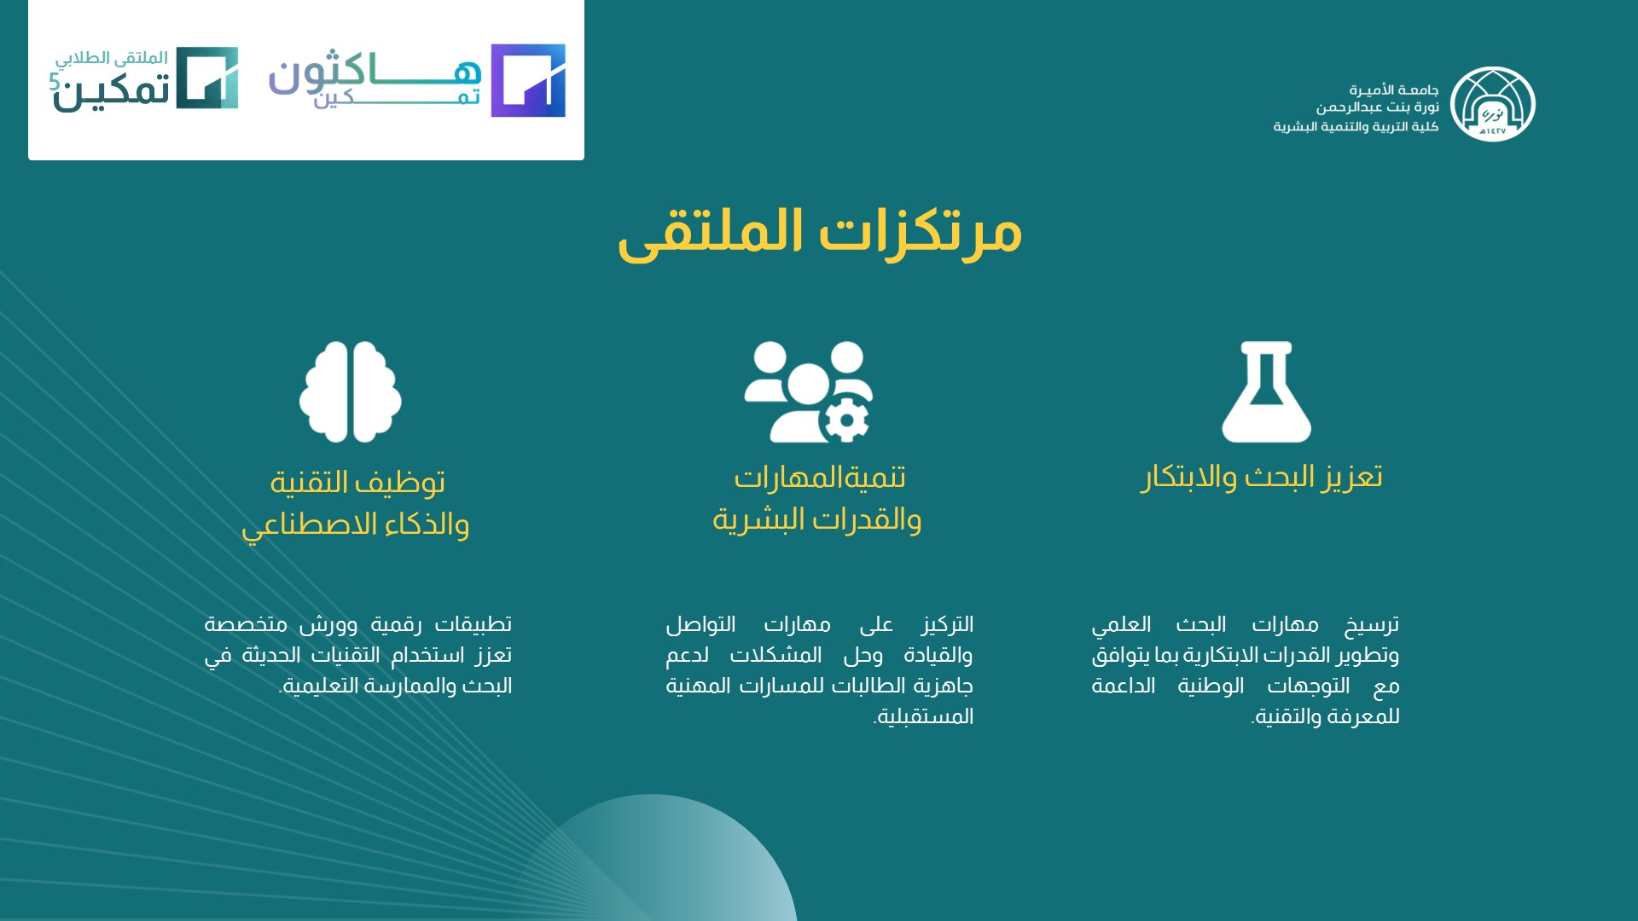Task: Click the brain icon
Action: [x=350, y=392]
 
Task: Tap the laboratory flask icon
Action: [x=1266, y=392]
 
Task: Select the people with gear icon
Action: [x=809, y=392]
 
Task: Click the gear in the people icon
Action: [x=846, y=420]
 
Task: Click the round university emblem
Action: [x=1492, y=104]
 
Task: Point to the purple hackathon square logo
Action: [x=528, y=80]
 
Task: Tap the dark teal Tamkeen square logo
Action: [x=207, y=78]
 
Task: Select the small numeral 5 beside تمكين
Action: [x=55, y=81]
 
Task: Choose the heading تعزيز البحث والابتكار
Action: [x=1262, y=477]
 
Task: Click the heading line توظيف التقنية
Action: [x=357, y=482]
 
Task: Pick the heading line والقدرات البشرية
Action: [x=816, y=518]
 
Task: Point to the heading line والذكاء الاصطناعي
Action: [x=355, y=524]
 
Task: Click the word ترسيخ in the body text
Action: [x=1372, y=625]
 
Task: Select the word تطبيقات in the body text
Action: [x=473, y=624]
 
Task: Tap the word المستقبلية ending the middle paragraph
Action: [x=924, y=716]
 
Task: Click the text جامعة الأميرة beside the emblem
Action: [x=1394, y=90]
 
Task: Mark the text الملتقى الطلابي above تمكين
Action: [x=112, y=58]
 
